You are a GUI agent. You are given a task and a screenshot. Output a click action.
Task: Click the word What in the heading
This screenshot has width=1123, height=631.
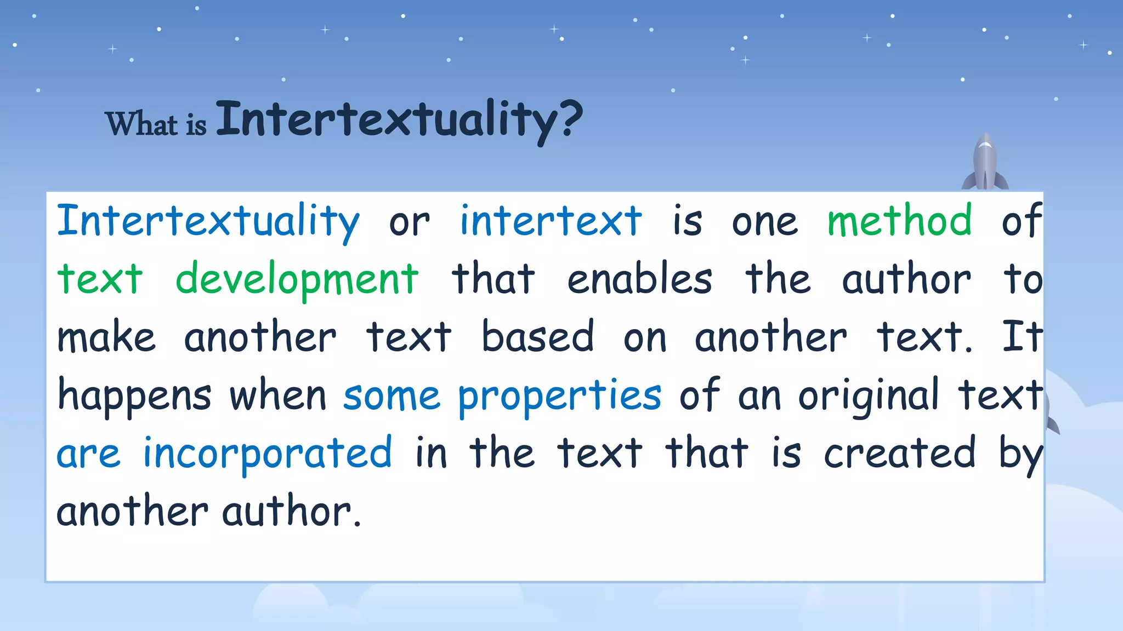click(141, 123)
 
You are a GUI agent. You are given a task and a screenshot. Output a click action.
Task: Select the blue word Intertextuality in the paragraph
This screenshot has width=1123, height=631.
click(208, 221)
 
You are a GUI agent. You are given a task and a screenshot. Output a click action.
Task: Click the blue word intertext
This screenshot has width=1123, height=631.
click(551, 221)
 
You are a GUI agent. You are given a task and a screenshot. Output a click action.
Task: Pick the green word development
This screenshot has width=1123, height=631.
click(297, 279)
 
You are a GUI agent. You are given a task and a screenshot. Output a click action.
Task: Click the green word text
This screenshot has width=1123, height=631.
click(100, 279)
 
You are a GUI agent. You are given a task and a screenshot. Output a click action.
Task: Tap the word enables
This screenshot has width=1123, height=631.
click(639, 279)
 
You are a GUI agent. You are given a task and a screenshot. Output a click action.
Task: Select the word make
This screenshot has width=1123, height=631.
click(106, 337)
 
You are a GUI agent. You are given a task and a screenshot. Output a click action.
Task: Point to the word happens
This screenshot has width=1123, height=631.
click(134, 395)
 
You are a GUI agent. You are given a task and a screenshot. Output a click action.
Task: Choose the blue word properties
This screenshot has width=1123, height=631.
click(560, 395)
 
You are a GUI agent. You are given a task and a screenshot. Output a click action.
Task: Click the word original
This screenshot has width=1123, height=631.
click(869, 395)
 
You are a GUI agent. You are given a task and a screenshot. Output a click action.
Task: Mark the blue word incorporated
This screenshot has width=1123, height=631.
click(268, 454)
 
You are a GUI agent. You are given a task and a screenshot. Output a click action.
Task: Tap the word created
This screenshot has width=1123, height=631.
click(899, 454)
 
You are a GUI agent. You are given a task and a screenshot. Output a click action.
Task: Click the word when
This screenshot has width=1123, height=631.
click(277, 395)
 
